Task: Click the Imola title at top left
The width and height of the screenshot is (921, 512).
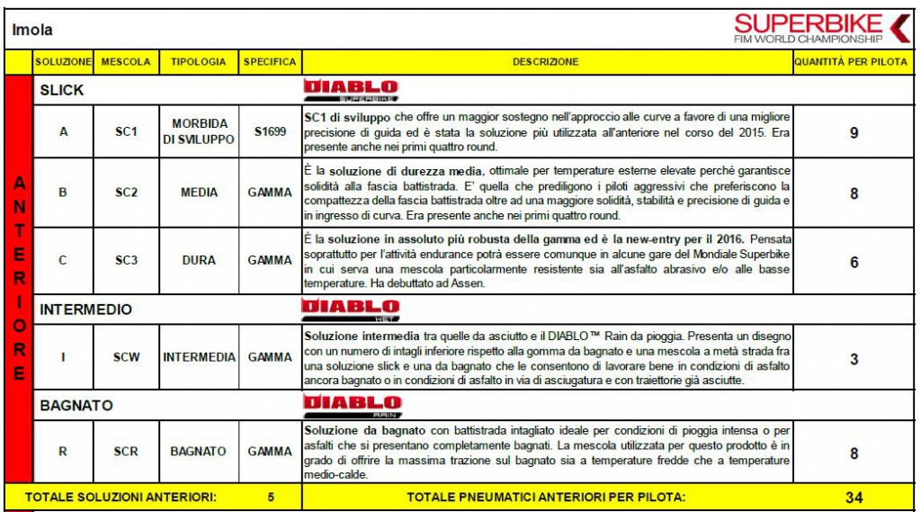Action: [32, 30]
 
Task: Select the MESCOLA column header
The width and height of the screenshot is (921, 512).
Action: [125, 62]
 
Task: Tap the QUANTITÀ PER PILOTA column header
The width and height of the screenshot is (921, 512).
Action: [850, 62]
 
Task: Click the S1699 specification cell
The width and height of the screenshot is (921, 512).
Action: [270, 131]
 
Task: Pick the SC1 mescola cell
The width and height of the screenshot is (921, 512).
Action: [126, 131]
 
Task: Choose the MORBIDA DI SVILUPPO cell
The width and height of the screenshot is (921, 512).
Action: [199, 131]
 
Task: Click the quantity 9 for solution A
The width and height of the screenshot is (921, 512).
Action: [854, 132]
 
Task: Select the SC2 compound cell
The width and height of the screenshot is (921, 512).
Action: [126, 193]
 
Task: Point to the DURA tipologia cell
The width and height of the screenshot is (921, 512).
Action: [199, 260]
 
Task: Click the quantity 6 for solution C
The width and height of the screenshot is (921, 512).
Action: [854, 262]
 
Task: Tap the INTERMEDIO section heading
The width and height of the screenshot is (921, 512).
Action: [85, 310]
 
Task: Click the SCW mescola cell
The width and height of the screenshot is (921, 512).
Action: [126, 357]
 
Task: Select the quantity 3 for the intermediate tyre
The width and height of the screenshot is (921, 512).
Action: [854, 358]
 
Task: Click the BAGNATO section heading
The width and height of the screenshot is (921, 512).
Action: [76, 406]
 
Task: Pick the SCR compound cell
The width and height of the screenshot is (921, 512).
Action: [126, 451]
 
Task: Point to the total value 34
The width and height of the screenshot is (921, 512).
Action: [854, 497]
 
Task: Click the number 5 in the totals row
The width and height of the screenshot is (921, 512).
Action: [271, 496]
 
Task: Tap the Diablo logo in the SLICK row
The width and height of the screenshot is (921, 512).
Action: [350, 89]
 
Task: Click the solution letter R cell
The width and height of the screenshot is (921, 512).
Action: [63, 451]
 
